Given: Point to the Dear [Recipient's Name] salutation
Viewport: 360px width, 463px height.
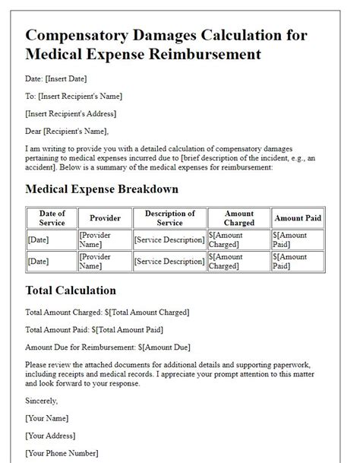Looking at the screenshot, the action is [68, 130].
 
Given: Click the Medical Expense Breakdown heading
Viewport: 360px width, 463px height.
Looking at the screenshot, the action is [102, 189].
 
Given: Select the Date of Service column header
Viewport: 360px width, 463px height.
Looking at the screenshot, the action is [52, 218].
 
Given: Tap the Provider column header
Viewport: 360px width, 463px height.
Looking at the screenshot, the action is [105, 218].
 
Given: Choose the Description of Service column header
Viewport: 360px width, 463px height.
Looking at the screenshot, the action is [169, 218].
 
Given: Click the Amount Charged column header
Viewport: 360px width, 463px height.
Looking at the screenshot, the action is [239, 218].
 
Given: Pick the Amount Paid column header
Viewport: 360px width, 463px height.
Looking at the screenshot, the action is [298, 218].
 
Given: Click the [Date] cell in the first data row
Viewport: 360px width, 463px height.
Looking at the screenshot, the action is [38, 240].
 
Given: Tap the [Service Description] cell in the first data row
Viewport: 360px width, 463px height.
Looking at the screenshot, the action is [169, 240].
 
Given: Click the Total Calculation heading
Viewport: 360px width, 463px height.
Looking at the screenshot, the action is [71, 290].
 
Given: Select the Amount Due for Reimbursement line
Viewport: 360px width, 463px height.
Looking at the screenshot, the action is [106, 347].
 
